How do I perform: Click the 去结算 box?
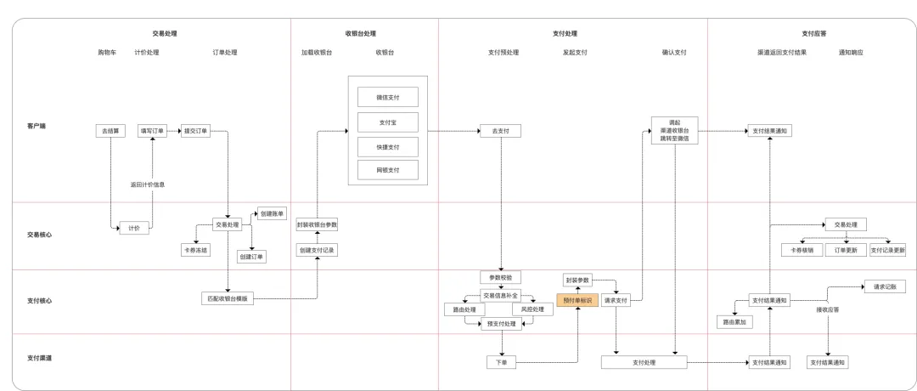pos(110,131)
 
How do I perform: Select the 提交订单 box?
pos(195,131)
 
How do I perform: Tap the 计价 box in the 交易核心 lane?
pos(134,228)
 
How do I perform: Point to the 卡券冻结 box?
pos(196,251)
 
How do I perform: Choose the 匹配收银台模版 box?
pos(229,299)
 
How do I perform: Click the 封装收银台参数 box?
pos(317,225)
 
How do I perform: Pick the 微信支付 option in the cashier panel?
pos(388,97)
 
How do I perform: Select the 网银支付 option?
pos(388,171)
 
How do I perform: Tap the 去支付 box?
pos(500,131)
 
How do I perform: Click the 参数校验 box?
pos(500,278)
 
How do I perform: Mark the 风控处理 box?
pos(533,309)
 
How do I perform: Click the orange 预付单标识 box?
pos(577,300)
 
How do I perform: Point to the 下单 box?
pos(501,363)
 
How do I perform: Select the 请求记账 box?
pos(885,287)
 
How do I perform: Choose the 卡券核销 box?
pos(802,251)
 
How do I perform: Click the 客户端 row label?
pos(37,126)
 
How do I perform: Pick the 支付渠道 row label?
pos(39,358)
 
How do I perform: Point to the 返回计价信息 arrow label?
pos(148,184)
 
